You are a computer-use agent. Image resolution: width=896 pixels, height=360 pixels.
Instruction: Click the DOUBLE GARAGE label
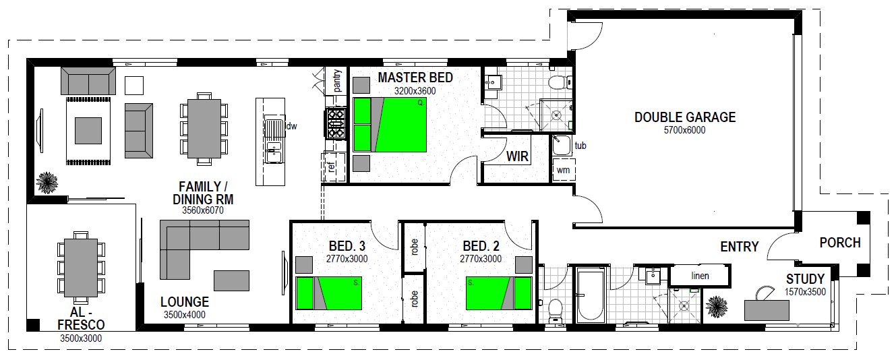point(684,117)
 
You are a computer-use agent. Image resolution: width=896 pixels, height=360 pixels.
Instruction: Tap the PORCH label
point(839,243)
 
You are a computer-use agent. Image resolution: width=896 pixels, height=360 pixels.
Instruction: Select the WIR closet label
point(517,158)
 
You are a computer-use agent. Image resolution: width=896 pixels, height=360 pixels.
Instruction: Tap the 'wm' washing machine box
point(563,170)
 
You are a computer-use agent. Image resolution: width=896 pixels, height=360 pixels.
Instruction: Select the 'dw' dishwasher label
point(291,126)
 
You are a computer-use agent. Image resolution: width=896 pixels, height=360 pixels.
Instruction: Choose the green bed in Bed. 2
point(499,293)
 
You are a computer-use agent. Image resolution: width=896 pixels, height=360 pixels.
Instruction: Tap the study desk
point(767,309)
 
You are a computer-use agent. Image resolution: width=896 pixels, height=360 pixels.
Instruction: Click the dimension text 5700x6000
point(684,130)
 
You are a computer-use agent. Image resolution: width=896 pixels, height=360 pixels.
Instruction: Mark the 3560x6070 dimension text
point(202,210)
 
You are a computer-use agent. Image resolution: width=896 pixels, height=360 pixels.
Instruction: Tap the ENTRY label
point(739,247)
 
